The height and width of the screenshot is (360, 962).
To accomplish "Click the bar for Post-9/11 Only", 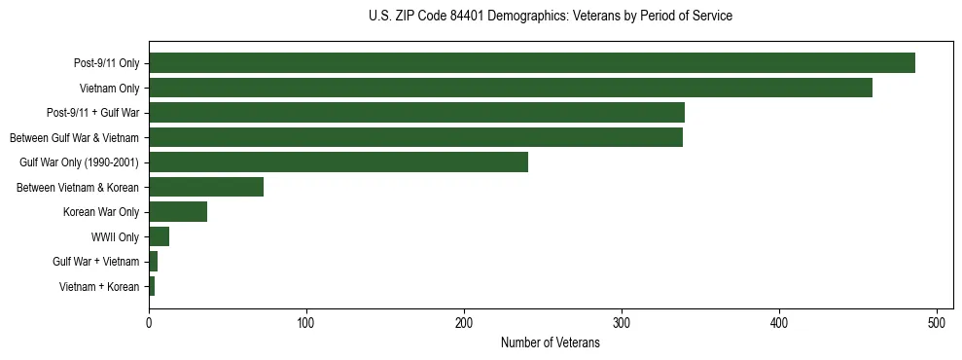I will point(531,63).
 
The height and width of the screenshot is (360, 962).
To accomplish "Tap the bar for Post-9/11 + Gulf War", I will point(416,113).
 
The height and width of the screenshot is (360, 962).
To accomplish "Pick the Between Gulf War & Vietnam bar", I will point(415,137).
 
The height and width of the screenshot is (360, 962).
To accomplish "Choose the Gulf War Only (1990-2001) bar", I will point(338,162).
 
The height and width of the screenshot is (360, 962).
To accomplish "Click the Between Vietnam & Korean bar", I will point(206,187).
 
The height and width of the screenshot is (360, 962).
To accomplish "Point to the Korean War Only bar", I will point(178,212).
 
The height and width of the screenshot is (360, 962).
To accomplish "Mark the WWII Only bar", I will point(159,236).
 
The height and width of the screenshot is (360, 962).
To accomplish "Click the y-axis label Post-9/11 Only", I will point(106,64).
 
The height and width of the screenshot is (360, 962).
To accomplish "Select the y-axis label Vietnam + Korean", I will point(99,287).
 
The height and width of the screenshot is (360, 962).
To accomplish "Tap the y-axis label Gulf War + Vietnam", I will point(96,262).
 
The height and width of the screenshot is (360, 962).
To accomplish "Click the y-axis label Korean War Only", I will point(101,212).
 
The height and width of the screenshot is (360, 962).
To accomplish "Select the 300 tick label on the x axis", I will point(622,322).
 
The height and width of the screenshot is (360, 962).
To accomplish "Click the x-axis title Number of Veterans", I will point(550,343).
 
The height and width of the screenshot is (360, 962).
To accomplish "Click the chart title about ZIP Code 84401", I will point(550,17).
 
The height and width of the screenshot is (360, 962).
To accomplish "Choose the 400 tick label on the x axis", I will point(779,322).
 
